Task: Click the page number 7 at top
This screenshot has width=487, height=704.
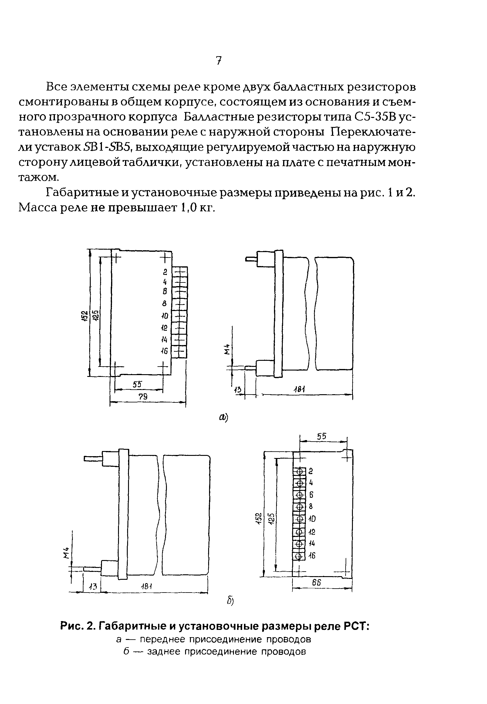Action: [x=218, y=61]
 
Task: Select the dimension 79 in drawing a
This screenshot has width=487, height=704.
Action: [x=143, y=396]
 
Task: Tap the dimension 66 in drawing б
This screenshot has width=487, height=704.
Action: [x=316, y=583]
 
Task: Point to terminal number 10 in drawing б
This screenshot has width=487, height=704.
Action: [x=312, y=519]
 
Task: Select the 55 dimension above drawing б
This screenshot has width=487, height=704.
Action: [x=321, y=436]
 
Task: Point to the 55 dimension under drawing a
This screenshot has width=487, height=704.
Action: [x=138, y=384]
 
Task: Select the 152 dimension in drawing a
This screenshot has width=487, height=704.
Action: [x=84, y=316]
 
